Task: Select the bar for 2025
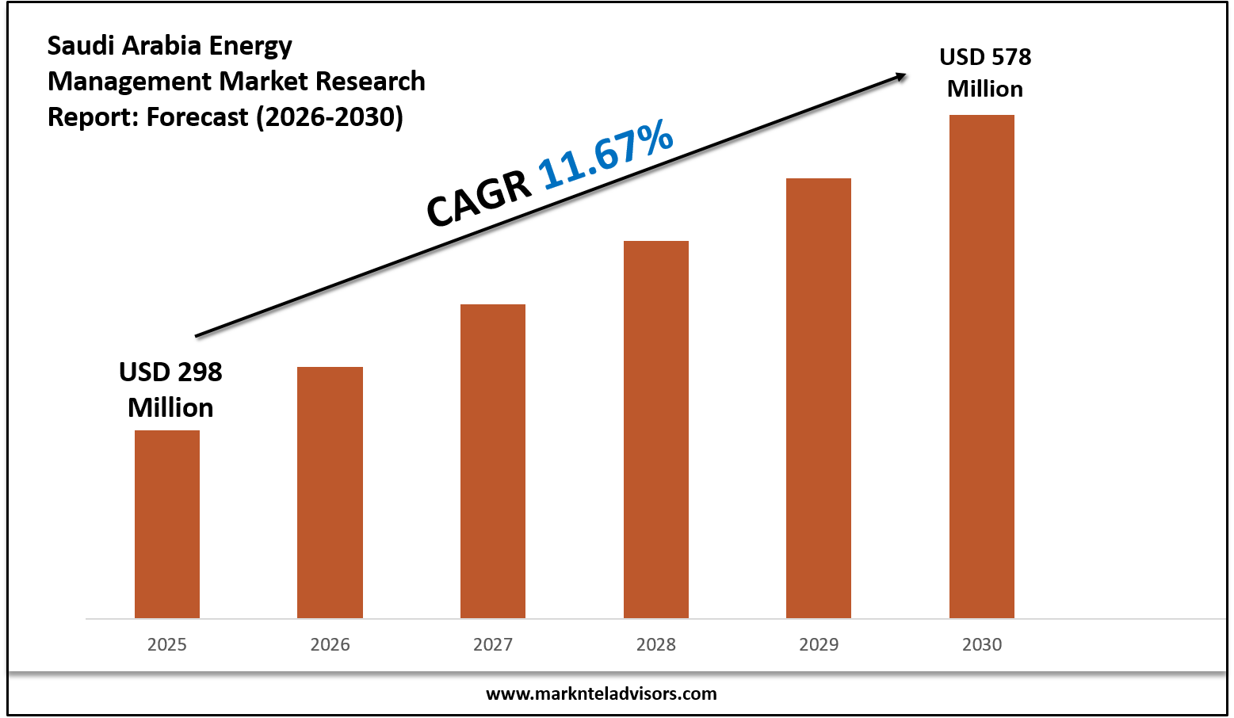click(167, 524)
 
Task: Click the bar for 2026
click(330, 492)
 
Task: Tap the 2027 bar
click(493, 461)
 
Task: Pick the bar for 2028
click(656, 430)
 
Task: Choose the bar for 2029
click(819, 398)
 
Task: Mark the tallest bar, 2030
click(982, 366)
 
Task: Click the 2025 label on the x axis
click(167, 644)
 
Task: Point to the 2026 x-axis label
click(330, 644)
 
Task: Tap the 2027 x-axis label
click(493, 644)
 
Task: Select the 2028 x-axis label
click(656, 644)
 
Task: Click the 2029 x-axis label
click(819, 644)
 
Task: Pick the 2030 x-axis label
click(982, 644)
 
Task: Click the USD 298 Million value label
click(170, 389)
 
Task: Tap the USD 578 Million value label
click(985, 73)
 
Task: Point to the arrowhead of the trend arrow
click(901, 76)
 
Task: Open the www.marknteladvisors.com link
click(601, 694)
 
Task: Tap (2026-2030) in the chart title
click(329, 117)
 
